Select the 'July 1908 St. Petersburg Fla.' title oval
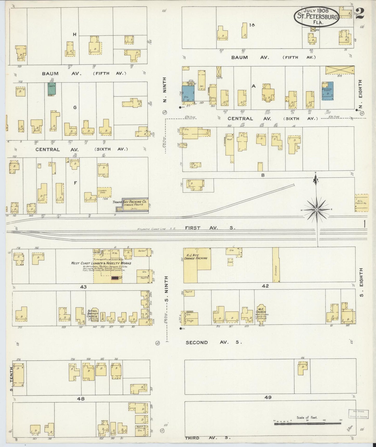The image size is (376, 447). point(317,16)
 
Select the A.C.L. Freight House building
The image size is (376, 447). point(362,202)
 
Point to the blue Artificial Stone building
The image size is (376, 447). point(328,91)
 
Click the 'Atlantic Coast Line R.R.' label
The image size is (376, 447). point(156,229)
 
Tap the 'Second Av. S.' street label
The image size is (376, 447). point(214,342)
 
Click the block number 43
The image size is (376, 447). point(83,287)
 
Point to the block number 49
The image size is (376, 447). point(268,397)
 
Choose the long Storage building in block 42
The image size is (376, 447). point(276,265)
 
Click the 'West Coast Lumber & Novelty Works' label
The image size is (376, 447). point(101,263)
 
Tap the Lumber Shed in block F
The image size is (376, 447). point(104,192)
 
